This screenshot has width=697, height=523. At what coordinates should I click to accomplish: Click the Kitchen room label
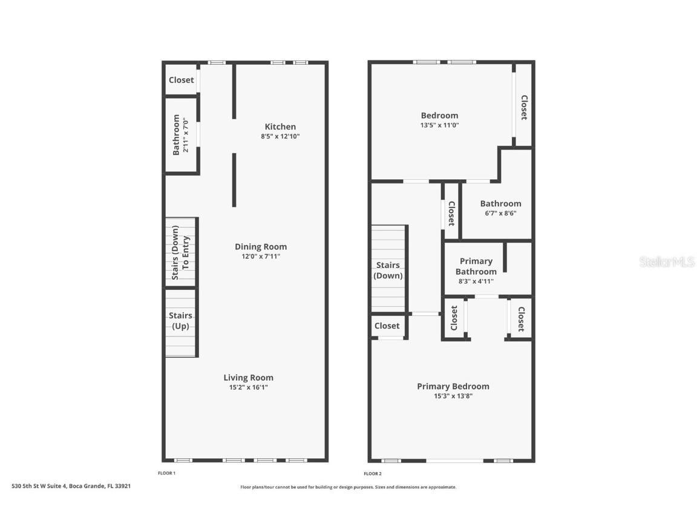280,127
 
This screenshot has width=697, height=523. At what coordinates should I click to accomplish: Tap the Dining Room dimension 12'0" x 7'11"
261,257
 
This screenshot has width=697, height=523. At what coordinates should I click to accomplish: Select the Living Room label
248,378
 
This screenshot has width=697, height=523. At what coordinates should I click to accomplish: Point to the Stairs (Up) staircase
180,321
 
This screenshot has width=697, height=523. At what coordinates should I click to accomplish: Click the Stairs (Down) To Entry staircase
180,252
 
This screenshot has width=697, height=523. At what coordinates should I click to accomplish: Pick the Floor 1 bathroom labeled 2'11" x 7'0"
181,134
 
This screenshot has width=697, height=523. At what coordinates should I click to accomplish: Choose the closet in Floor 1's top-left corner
181,80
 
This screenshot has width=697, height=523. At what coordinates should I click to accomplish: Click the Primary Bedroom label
453,386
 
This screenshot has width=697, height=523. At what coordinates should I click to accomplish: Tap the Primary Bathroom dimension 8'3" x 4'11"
476,281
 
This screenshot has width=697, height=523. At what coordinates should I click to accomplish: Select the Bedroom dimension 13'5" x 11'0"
439,125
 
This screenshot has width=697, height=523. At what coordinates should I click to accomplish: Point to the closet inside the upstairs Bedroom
524,107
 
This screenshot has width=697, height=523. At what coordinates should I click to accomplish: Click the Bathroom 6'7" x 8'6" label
500,204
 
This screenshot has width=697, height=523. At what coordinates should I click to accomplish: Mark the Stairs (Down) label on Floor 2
388,270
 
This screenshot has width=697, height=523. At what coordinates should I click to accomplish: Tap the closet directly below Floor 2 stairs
387,326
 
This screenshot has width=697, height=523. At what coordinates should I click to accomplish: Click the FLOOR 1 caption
166,473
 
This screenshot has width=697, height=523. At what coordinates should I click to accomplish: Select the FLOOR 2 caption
373,474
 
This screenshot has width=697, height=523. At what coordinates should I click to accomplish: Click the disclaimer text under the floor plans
348,487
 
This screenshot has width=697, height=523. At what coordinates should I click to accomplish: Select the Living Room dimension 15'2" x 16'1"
248,388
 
